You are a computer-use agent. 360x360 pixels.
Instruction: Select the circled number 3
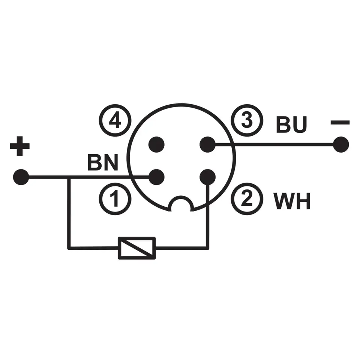click(x=247, y=121)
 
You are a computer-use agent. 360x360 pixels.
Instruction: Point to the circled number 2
click(x=247, y=199)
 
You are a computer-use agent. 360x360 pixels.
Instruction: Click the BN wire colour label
click(x=103, y=163)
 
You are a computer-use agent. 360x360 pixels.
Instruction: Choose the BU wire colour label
click(x=291, y=125)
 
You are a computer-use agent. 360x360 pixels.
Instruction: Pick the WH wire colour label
click(x=292, y=202)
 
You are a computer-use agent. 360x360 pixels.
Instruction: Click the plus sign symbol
click(x=19, y=147)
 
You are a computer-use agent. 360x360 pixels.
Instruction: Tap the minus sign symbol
click(x=340, y=122)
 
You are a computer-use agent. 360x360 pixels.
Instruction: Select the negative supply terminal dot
click(x=341, y=145)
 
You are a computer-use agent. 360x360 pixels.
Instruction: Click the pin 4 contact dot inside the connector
click(x=156, y=144)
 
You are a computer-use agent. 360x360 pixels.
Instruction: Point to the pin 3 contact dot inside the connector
click(x=207, y=144)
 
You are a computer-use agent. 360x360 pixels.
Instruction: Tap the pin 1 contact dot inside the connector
click(x=156, y=177)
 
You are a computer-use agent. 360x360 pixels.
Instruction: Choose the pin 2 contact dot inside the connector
click(x=207, y=176)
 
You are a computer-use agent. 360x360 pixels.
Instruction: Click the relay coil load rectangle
click(x=136, y=248)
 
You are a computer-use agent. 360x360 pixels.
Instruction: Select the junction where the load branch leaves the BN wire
click(x=69, y=177)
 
